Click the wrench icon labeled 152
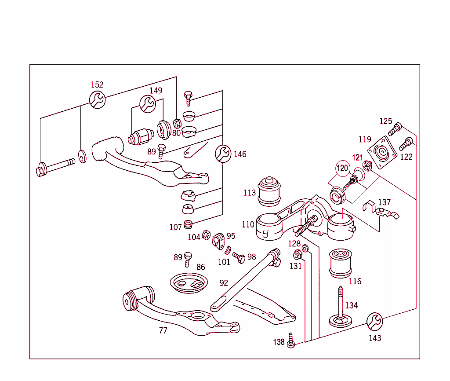point(98,100)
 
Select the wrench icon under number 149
point(148,104)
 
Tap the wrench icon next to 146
point(223,154)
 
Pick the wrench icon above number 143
point(375,322)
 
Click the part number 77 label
point(163,331)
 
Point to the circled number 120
point(343,168)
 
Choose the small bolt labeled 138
point(290,341)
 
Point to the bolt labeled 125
point(395,128)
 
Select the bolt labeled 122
point(405,143)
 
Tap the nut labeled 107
point(188,223)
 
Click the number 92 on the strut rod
point(224,283)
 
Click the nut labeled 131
point(297,255)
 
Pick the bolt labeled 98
point(239,258)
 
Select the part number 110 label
point(248,224)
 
